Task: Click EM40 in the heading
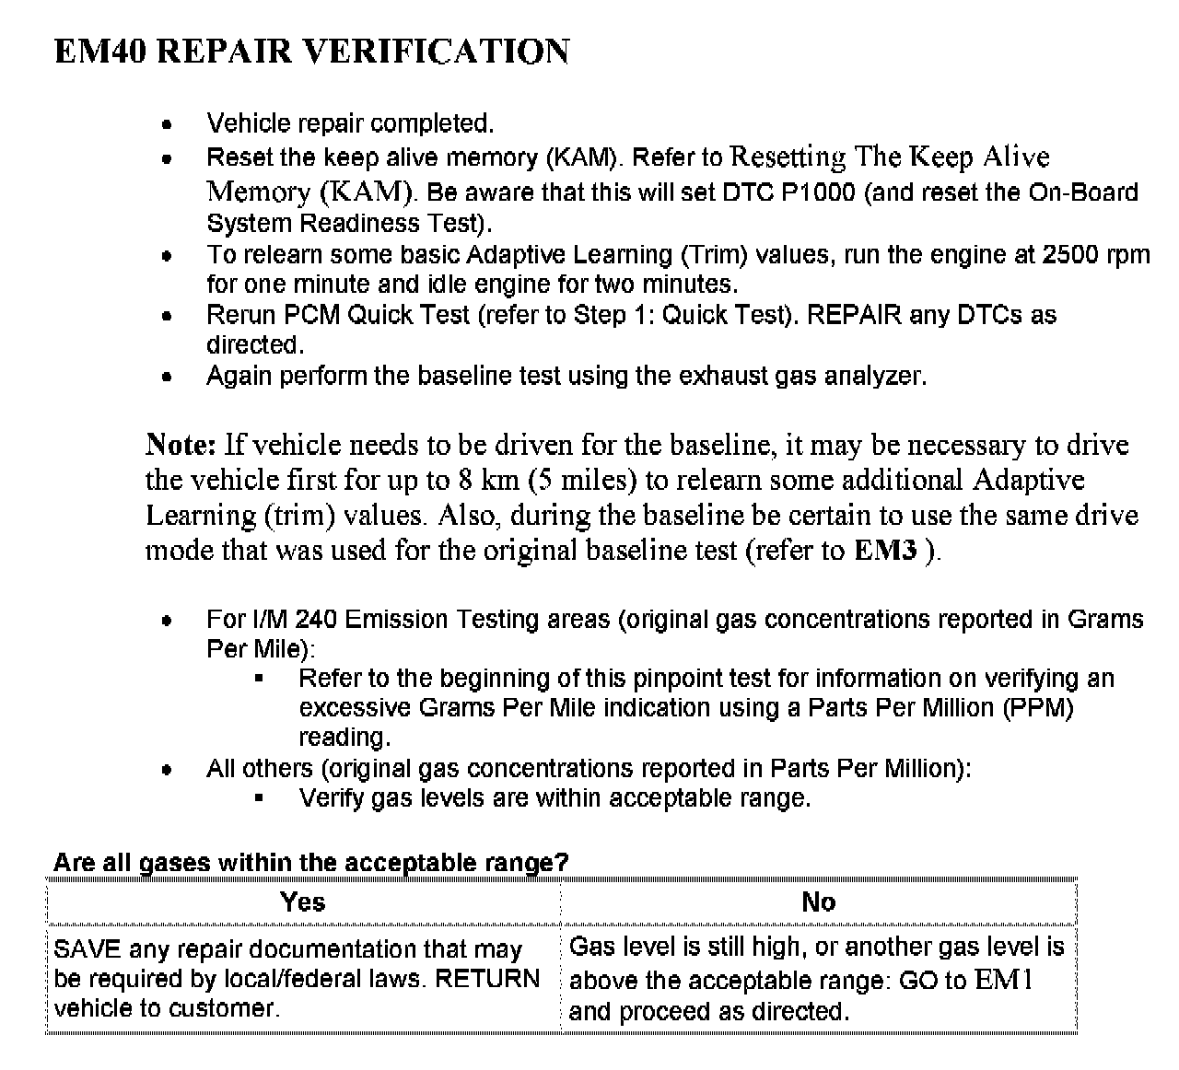(x=100, y=52)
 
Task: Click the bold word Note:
(x=181, y=445)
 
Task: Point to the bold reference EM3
(x=885, y=551)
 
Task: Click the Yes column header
(x=302, y=901)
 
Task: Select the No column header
(x=818, y=901)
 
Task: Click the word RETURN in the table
(x=487, y=979)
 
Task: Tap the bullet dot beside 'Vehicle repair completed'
(x=167, y=124)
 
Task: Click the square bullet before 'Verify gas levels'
(x=259, y=798)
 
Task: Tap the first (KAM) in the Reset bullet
(x=581, y=158)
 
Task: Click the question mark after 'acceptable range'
(x=562, y=863)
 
